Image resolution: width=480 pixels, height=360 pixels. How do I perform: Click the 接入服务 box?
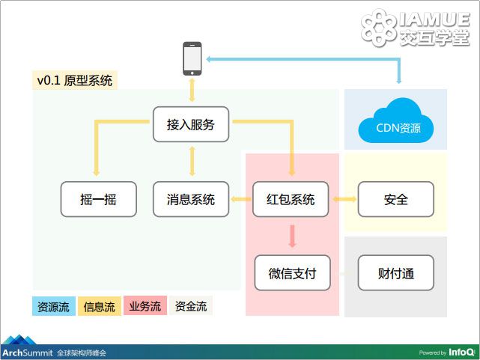(191, 124)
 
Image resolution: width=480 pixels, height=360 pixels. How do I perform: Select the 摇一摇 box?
(99, 199)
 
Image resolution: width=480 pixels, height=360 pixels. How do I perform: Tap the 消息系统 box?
(191, 199)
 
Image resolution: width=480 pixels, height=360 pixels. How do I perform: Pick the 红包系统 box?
(291, 199)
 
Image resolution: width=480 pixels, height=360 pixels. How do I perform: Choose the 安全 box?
(396, 199)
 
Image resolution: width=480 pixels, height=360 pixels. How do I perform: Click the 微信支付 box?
(292, 273)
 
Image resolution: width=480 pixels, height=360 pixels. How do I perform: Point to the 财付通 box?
(396, 273)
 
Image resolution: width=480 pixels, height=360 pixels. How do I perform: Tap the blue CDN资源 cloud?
(396, 122)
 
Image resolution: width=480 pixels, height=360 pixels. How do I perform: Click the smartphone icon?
(192, 58)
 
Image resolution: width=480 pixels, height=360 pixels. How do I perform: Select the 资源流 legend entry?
(54, 306)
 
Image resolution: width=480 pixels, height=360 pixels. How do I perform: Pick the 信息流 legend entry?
(100, 306)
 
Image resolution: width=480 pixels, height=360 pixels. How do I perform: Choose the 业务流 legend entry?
(145, 305)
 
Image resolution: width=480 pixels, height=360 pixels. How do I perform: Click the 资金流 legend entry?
(191, 305)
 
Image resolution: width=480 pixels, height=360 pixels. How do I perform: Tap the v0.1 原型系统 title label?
(75, 80)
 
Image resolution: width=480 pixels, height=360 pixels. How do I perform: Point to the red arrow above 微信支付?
(292, 236)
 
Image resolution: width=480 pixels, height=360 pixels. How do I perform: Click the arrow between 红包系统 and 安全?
(344, 199)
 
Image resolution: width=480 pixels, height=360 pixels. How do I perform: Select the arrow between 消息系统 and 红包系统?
(241, 199)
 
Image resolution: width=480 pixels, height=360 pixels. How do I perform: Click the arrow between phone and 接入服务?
(192, 90)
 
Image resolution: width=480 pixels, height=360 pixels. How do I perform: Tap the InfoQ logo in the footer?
(461, 353)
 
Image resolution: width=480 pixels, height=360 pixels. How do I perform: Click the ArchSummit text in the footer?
(28, 353)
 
